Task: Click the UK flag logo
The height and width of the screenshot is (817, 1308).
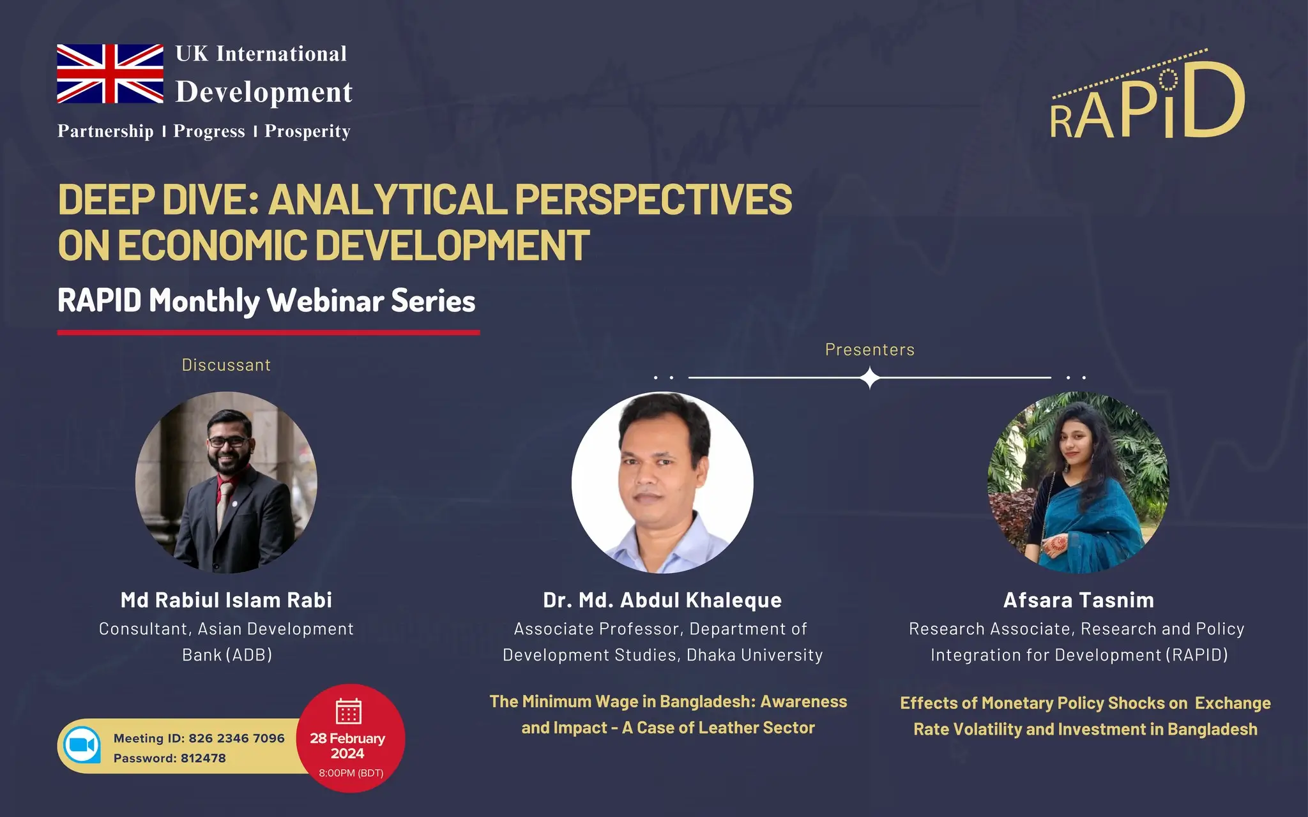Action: tap(110, 73)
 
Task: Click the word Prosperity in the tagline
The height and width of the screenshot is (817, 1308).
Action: tap(307, 131)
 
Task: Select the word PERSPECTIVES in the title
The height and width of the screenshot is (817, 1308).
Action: tap(653, 200)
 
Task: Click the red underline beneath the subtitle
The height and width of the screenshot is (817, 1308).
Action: tap(268, 333)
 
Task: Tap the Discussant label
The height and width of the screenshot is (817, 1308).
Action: tap(226, 365)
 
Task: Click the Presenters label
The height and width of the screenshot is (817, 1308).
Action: tap(869, 350)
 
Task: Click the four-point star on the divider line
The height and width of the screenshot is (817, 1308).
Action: tap(870, 378)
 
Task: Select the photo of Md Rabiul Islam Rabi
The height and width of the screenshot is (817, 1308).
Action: tap(226, 483)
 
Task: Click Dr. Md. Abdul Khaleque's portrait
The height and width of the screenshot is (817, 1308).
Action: tap(662, 483)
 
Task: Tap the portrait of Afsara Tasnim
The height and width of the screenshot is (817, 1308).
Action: tap(1078, 483)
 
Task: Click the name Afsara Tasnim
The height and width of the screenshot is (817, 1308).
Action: tap(1078, 600)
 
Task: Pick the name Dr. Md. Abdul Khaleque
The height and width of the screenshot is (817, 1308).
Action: tap(662, 600)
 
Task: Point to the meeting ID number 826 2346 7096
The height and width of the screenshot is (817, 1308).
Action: tap(236, 738)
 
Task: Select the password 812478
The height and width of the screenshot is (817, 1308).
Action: tap(203, 758)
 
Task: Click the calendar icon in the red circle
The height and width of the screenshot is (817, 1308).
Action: tap(349, 711)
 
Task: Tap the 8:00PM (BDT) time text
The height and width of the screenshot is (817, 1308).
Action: tap(351, 773)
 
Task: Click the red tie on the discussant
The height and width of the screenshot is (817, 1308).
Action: tap(224, 501)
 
